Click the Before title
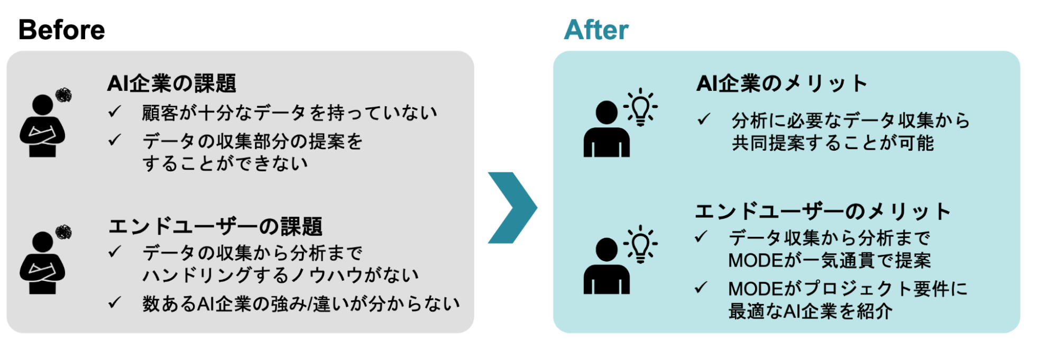pos(61,30)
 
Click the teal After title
pos(596,30)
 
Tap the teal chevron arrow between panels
pos(512,208)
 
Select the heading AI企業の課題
pos(171,84)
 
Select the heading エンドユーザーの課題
pos(215,226)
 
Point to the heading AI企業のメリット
pos(782,84)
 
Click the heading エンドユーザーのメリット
pos(822,211)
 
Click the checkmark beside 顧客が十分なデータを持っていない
pos(115,112)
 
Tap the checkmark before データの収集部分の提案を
pos(115,140)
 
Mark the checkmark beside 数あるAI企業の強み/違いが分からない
pos(115,302)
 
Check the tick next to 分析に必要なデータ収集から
pos(703,119)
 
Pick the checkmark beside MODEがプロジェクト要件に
pos(701,288)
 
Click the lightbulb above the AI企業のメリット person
pos(640,107)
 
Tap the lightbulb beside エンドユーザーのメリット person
pos(640,244)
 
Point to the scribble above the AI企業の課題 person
pos(63,95)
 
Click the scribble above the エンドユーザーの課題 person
pos(63,232)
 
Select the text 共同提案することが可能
pos(833,143)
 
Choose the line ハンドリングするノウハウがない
pos(280,275)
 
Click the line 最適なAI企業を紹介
pos(810,311)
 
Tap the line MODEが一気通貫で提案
pos(829,261)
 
